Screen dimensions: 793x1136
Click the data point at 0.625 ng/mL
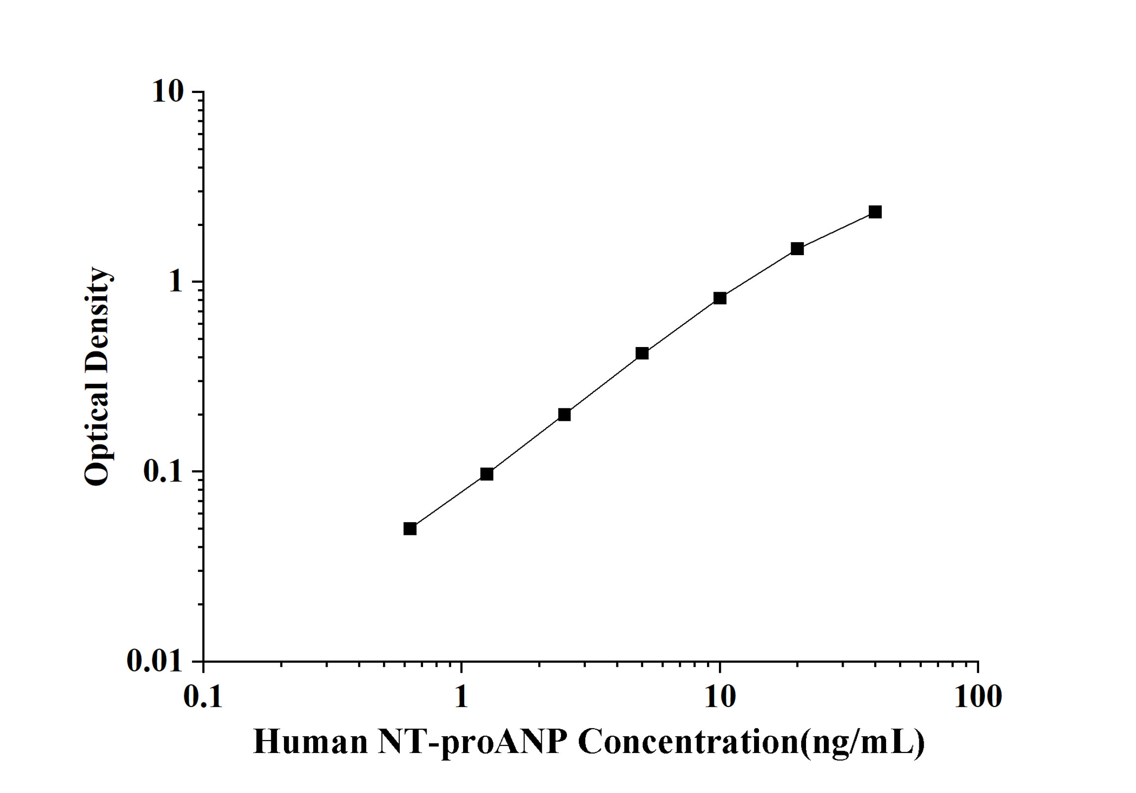(410, 529)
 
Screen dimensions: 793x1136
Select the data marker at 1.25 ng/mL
(487, 474)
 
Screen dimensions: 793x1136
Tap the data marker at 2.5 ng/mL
(564, 414)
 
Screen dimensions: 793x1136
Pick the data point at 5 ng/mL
(642, 353)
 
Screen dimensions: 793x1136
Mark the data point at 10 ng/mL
(720, 298)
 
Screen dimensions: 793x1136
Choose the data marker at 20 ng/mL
(797, 249)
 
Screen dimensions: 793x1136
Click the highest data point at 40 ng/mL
(875, 212)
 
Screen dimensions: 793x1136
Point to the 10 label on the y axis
(168, 92)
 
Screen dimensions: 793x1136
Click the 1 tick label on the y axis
(176, 282)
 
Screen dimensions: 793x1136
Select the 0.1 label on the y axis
(163, 472)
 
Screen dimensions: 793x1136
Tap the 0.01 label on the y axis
(155, 661)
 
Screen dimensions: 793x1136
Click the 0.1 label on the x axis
(203, 697)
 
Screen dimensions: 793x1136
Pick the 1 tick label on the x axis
(461, 697)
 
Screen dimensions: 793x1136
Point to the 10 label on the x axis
(720, 697)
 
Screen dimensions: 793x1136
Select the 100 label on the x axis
(978, 697)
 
